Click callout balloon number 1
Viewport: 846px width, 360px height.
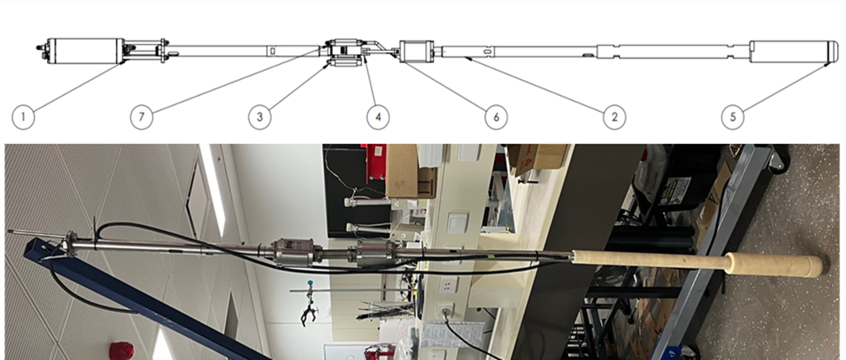(x=23, y=117)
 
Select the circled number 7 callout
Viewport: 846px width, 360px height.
(x=141, y=117)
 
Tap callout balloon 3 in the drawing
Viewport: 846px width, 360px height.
(x=260, y=117)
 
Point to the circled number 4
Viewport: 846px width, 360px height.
(x=377, y=117)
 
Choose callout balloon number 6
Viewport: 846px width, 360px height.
(x=496, y=117)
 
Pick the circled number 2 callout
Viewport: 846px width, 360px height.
(x=614, y=117)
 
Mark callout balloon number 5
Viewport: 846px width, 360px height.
(x=733, y=117)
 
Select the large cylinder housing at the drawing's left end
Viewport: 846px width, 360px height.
(x=86, y=51)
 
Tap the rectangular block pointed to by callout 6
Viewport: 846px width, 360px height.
(x=417, y=51)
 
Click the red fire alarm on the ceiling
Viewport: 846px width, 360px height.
(x=121, y=351)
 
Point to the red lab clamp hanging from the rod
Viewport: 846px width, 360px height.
(x=311, y=315)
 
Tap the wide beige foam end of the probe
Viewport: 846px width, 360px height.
(x=777, y=265)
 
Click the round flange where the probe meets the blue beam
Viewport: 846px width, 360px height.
(x=70, y=244)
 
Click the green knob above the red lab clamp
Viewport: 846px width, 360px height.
(x=310, y=282)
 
